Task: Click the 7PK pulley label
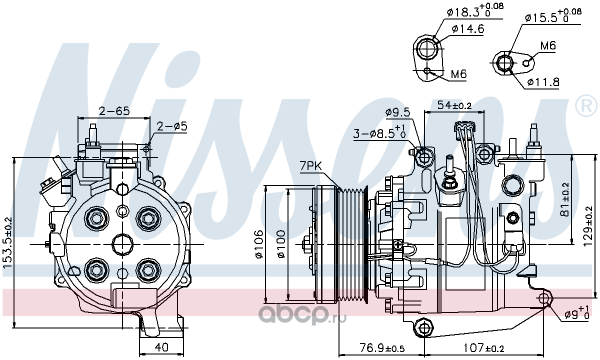pos(310,166)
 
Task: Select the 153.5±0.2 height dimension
pos(8,242)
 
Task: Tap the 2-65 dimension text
pos(114,110)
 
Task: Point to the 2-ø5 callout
pos(171,126)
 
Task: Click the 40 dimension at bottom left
pos(161,347)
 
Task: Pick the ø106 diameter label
pos(259,244)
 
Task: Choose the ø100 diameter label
pos(281,244)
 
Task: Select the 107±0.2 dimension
pos(484,348)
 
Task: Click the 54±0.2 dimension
pos(454,105)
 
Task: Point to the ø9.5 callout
pos(398,112)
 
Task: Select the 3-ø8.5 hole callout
pos(379,131)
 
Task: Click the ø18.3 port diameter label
pos(475,10)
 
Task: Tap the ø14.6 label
pos(468,29)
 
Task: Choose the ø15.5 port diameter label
pos(553,16)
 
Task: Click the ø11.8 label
pos(543,82)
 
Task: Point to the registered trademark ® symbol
pos(586,105)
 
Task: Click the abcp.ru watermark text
pos(302,317)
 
